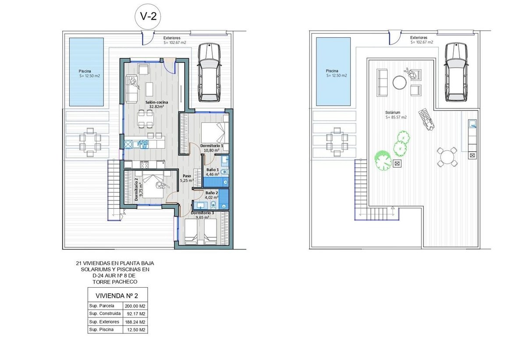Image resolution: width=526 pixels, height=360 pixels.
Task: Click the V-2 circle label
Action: [x=148, y=17]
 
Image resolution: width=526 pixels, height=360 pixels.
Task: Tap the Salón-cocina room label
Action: [x=156, y=103]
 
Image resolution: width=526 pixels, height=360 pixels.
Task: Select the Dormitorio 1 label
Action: [x=212, y=146]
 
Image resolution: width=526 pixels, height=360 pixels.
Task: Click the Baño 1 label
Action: [x=213, y=170]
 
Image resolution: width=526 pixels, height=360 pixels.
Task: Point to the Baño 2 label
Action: [x=212, y=193]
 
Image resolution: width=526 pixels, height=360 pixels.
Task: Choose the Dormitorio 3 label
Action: [x=202, y=213]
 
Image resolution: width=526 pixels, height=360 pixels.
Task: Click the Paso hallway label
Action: [x=187, y=176]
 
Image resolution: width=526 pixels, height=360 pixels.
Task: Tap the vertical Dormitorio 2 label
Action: [x=136, y=189]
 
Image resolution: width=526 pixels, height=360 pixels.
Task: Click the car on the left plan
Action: [x=209, y=72]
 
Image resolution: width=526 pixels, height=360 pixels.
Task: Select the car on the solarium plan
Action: [x=456, y=72]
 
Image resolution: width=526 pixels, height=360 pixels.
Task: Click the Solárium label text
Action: [x=393, y=113]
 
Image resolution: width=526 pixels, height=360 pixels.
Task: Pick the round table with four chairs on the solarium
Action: [x=448, y=157]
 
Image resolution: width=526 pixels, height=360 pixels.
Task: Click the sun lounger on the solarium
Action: [x=426, y=119]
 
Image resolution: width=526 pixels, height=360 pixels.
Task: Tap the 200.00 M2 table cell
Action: [x=135, y=306]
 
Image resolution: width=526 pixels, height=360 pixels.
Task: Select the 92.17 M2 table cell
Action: [x=135, y=314]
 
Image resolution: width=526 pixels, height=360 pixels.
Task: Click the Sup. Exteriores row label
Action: [x=104, y=322]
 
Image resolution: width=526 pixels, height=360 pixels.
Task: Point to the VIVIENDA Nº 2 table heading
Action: [x=117, y=296]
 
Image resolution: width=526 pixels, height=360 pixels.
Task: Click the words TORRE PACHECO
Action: [x=115, y=282]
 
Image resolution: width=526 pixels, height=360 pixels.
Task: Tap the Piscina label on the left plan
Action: [x=85, y=71]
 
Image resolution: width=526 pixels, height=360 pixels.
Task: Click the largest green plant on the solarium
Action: [x=383, y=160]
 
